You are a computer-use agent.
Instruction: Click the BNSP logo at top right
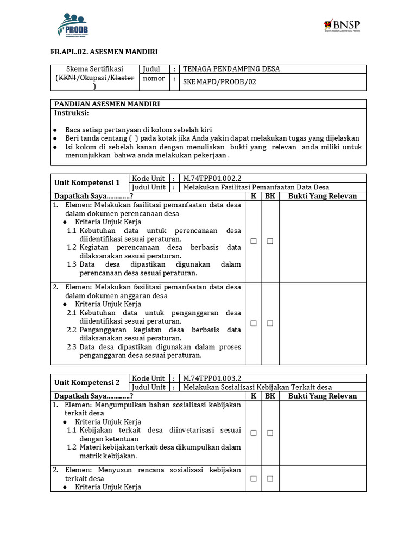(342, 26)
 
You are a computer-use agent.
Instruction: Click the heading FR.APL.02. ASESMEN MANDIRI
(104, 52)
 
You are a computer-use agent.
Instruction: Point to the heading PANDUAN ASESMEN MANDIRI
(107, 104)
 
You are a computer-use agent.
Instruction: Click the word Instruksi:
(71, 113)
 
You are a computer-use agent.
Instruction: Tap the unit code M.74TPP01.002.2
(212, 178)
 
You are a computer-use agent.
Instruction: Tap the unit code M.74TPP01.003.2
(212, 378)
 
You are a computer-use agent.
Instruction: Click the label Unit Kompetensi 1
(87, 182)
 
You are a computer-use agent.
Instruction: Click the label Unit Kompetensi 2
(87, 382)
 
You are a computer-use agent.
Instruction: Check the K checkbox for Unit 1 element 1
(254, 242)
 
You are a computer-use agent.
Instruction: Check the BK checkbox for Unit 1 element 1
(270, 242)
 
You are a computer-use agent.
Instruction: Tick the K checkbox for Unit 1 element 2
(254, 324)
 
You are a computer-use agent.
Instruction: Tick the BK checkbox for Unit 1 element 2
(270, 324)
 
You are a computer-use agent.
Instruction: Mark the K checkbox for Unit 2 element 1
(254, 433)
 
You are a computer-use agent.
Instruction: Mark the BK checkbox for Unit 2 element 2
(270, 478)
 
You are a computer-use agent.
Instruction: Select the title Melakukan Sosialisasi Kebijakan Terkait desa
(257, 387)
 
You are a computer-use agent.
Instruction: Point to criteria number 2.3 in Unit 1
(72, 347)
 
